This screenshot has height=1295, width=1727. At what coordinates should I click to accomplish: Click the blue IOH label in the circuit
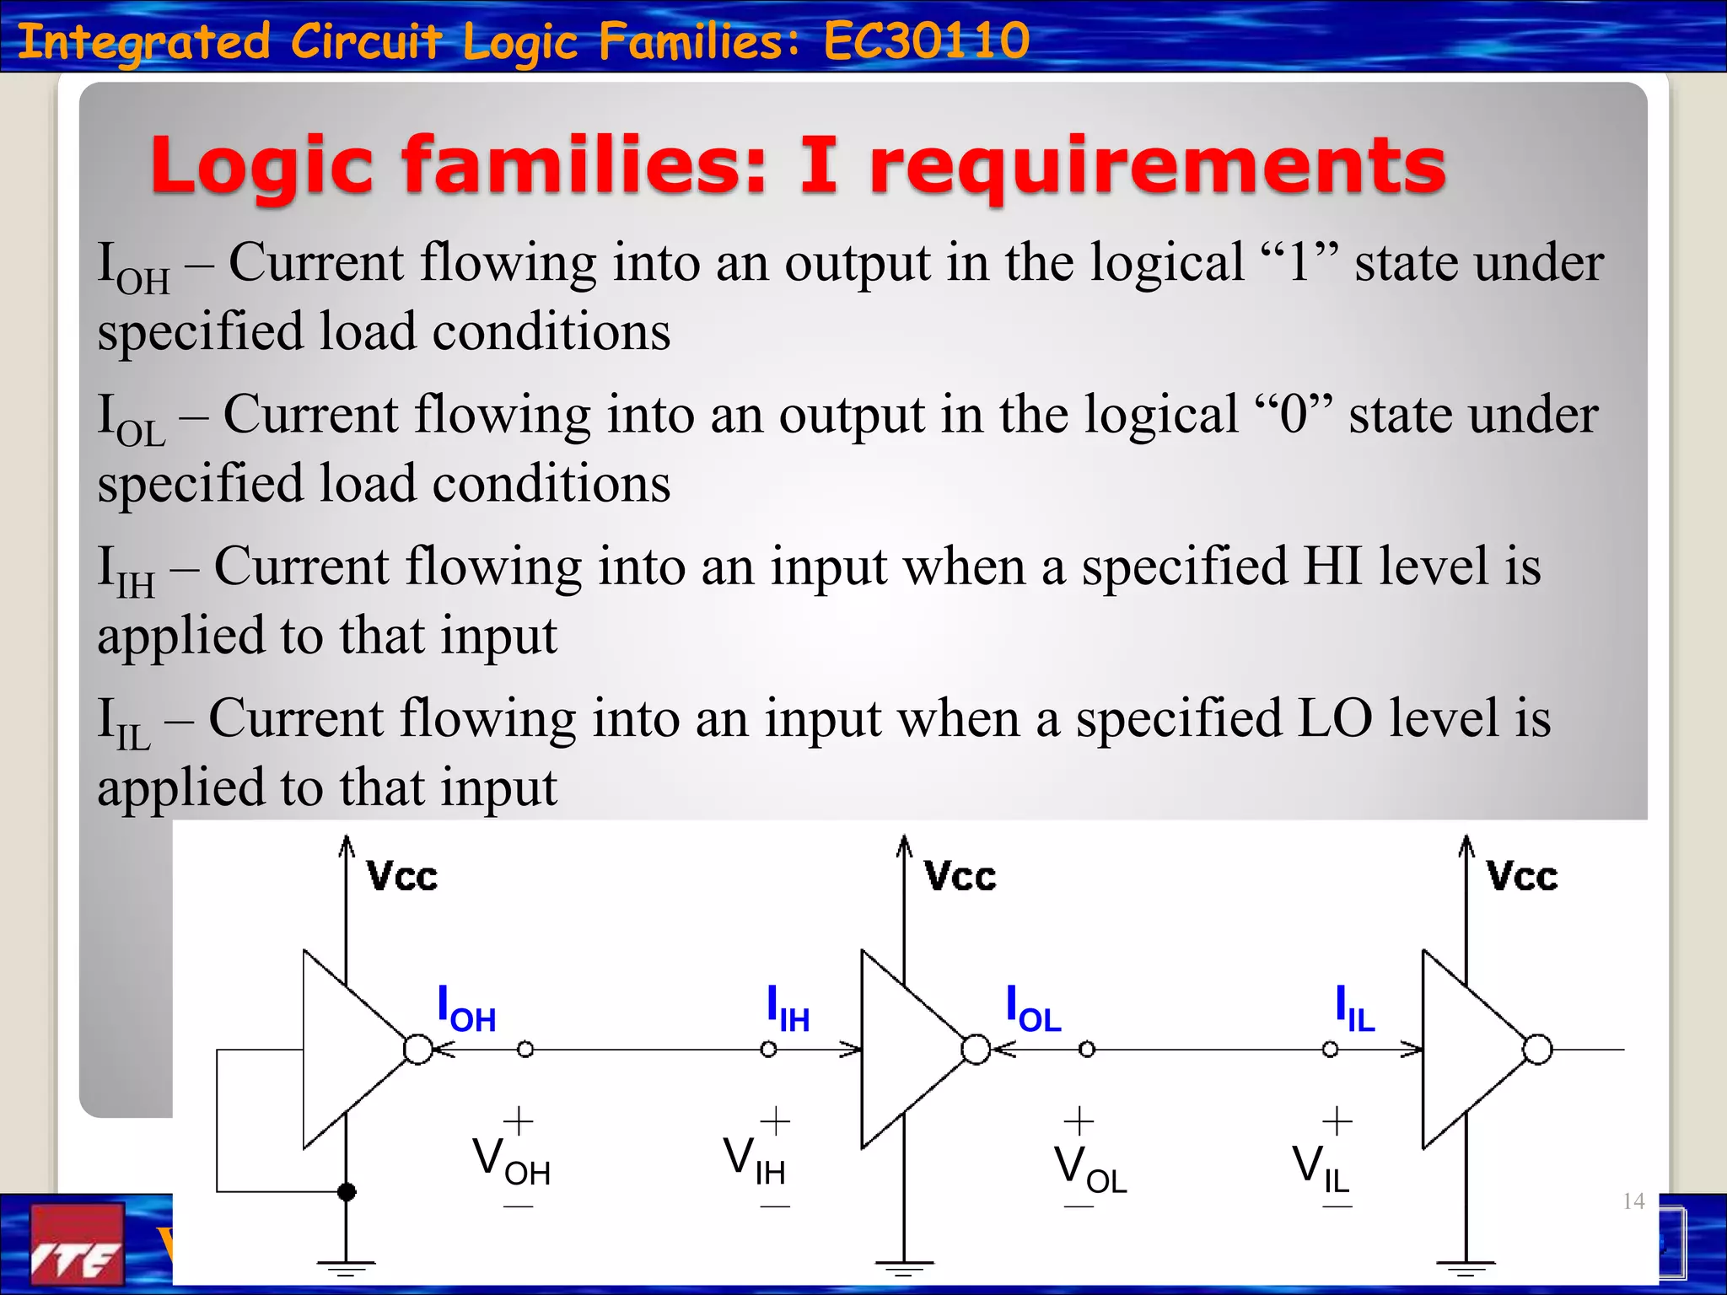[x=465, y=1009]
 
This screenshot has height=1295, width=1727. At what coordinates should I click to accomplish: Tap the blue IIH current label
[x=788, y=1009]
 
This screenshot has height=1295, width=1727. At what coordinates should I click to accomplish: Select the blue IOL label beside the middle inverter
[x=1033, y=1009]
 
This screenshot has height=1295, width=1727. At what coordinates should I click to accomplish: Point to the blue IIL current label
[x=1354, y=1009]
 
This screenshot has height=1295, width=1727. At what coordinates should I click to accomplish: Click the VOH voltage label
[x=511, y=1161]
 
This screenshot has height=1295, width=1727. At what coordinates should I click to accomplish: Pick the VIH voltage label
[x=754, y=1161]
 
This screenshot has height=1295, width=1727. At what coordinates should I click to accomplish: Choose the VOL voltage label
[x=1089, y=1170]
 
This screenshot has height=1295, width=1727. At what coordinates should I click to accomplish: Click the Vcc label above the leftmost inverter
[x=402, y=877]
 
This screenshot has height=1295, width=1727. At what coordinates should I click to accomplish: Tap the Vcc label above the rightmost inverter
[x=1522, y=877]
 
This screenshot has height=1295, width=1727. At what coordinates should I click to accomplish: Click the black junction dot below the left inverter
[x=346, y=1191]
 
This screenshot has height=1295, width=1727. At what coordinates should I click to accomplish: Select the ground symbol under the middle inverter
[x=904, y=1266]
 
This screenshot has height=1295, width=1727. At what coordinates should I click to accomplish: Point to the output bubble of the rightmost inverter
[x=1537, y=1050]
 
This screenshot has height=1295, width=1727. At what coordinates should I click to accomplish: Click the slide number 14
[x=1633, y=1201]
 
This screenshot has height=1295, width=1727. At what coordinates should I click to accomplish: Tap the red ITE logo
[x=77, y=1244]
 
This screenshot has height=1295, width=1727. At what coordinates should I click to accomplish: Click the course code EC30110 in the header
[x=926, y=40]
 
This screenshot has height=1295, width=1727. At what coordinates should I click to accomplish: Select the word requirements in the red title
[x=1157, y=166]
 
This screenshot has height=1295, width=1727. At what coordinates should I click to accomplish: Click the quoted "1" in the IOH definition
[x=1299, y=261]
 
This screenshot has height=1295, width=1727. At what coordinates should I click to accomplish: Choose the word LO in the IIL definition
[x=1335, y=718]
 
